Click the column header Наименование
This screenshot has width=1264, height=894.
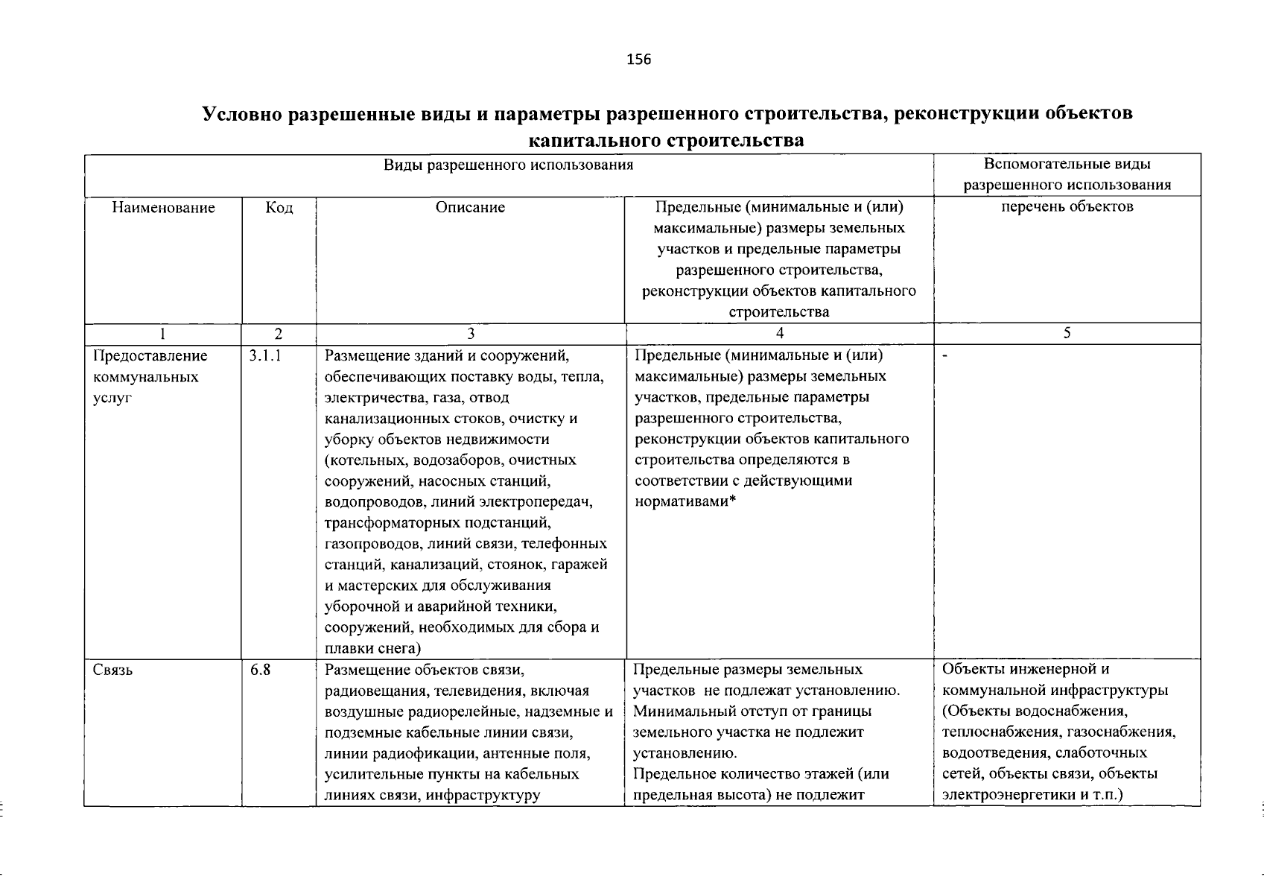tap(163, 208)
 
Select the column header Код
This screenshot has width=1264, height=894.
tap(279, 208)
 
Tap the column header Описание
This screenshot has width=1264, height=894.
tap(470, 208)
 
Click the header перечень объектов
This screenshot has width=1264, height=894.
tap(1067, 207)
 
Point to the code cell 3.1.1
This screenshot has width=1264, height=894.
tap(265, 356)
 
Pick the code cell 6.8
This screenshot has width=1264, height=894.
tap(260, 670)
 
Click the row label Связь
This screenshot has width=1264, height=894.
tap(113, 670)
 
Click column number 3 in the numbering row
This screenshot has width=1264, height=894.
tap(470, 335)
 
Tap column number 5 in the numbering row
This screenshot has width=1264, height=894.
tap(1067, 335)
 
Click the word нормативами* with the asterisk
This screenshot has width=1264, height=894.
tap(685, 501)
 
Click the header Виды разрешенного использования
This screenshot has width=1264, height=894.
tap(509, 165)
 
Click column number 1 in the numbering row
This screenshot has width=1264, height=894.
tap(163, 335)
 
